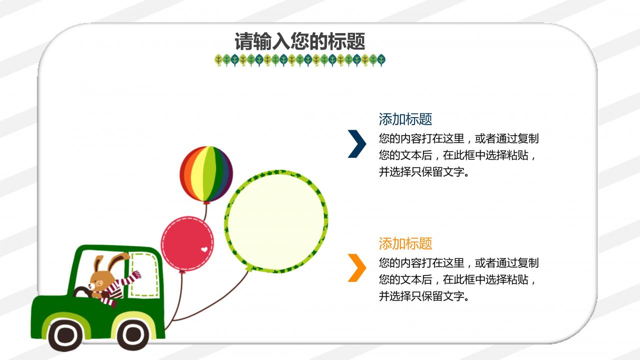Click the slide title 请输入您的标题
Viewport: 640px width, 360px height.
[x=299, y=42]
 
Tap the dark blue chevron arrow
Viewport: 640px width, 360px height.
[x=357, y=144]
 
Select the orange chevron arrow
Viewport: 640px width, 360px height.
[x=357, y=268]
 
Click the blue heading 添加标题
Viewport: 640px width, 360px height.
[x=405, y=120]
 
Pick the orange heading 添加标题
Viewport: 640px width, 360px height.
[x=405, y=244]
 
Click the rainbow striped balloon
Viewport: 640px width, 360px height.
[x=206, y=174]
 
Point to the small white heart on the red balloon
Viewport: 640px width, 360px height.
[x=204, y=249]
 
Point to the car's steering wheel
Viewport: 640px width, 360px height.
[x=81, y=292]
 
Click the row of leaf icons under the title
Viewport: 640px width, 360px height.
[x=300, y=61]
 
